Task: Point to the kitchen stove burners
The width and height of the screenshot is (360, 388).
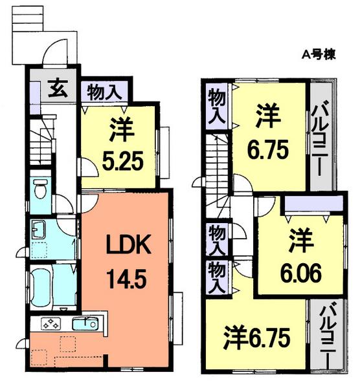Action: click(51, 323)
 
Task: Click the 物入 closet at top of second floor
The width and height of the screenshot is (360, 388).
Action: click(215, 106)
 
